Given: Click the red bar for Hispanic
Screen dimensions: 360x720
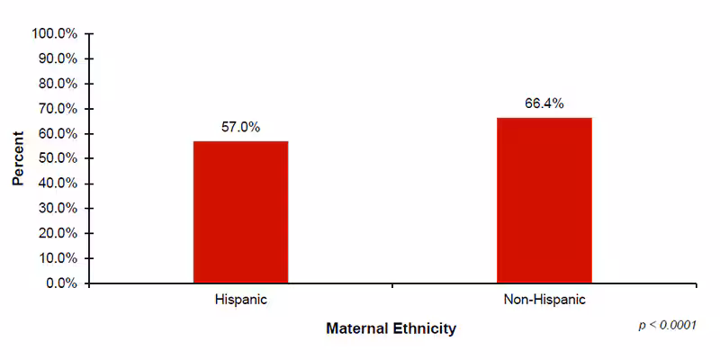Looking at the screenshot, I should (x=240, y=212).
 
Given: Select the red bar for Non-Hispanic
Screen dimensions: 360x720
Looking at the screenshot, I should (x=544, y=201).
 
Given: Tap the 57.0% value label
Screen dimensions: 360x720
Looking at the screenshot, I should (x=240, y=128).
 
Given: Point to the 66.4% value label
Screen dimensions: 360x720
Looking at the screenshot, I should (x=544, y=104).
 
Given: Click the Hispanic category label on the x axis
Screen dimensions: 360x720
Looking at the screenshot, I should (x=240, y=299).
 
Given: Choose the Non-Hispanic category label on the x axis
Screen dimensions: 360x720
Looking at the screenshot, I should (x=544, y=299).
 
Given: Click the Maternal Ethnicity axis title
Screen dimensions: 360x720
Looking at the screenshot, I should (x=391, y=328).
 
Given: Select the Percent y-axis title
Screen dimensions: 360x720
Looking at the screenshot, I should (x=18, y=158).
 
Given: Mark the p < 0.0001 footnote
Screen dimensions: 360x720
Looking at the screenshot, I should (x=667, y=325).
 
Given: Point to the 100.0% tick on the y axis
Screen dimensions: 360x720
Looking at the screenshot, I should (x=56, y=34).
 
